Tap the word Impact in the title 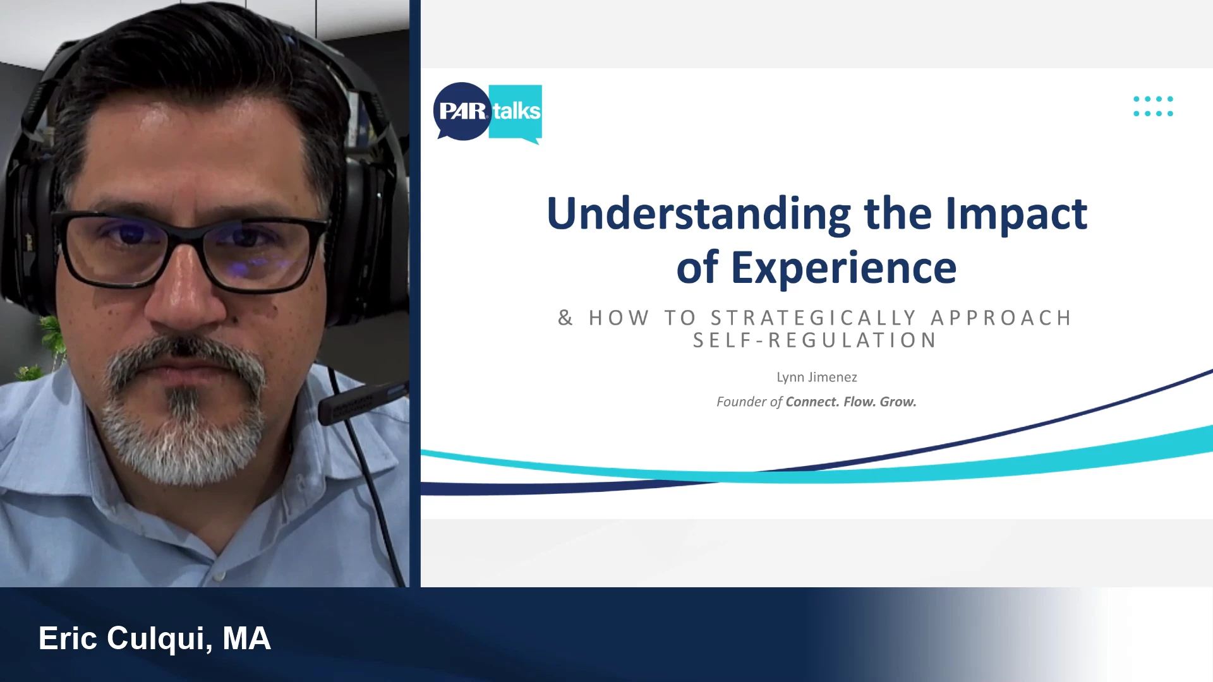[1017, 214]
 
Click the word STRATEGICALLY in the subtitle [814, 318]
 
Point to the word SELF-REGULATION [815, 340]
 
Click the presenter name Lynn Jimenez [817, 377]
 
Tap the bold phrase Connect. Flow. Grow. [851, 402]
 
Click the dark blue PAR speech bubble [462, 111]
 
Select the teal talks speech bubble [516, 112]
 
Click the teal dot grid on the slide [1153, 106]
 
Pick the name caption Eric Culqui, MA [155, 638]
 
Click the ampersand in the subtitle [565, 318]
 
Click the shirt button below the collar [219, 576]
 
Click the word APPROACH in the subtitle [1001, 318]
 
